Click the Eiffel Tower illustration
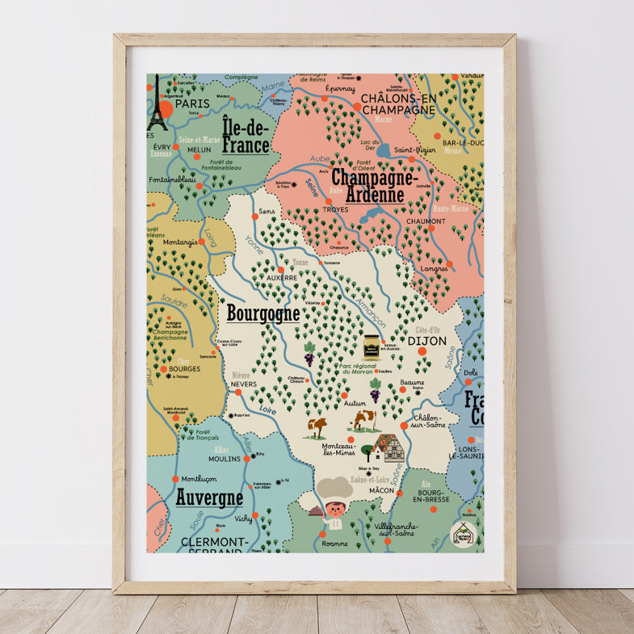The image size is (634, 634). click(157, 105)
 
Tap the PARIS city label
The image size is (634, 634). click(192, 103)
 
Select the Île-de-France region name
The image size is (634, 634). click(246, 135)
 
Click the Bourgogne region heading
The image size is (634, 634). click(263, 313)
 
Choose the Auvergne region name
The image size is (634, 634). click(209, 498)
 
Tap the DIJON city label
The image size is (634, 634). click(427, 341)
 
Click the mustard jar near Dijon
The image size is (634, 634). click(372, 346)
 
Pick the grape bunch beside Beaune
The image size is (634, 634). click(376, 395)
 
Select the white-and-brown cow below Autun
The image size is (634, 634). click(364, 420)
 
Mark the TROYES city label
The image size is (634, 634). click(335, 209)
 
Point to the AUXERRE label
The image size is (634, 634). click(282, 277)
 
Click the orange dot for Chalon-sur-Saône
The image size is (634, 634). click(405, 426)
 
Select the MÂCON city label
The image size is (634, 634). click(381, 490)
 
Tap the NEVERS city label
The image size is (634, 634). click(244, 384)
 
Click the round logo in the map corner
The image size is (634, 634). click(463, 534)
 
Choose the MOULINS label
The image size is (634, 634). click(225, 458)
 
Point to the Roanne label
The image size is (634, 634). click(334, 544)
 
